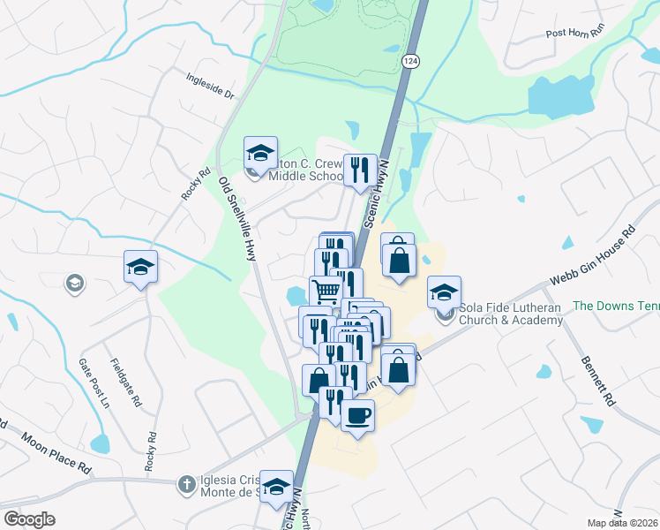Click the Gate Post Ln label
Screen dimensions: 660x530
(x=92, y=382)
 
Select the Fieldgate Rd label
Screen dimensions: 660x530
(x=125, y=383)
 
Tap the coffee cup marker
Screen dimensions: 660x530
(x=357, y=415)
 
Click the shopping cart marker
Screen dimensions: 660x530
(x=326, y=291)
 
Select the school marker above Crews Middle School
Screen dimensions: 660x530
(x=261, y=152)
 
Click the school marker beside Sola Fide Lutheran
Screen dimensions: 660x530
(x=444, y=291)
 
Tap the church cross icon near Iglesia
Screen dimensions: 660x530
(x=185, y=484)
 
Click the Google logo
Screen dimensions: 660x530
(x=30, y=519)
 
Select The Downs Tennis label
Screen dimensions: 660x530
(x=616, y=306)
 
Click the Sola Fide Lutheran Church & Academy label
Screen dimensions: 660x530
(x=511, y=314)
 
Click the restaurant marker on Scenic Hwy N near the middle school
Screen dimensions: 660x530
(x=359, y=170)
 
